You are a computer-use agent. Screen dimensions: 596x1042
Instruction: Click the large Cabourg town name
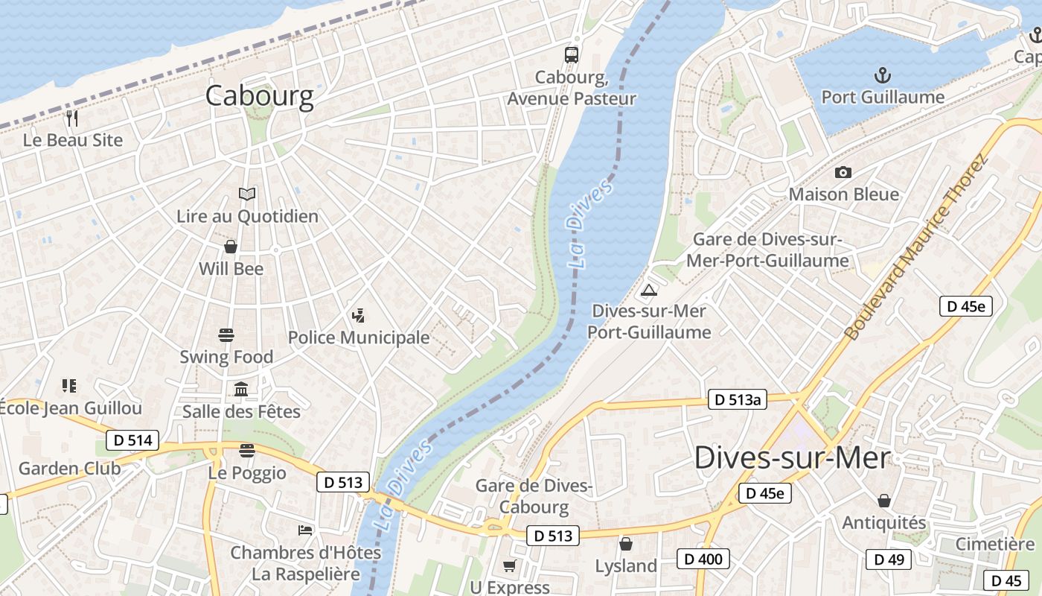[259, 96]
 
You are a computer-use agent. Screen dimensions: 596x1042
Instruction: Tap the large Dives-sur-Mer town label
[792, 457]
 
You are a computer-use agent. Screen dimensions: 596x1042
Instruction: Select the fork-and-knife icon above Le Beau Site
[72, 118]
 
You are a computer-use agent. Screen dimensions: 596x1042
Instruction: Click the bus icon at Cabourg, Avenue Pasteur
[571, 54]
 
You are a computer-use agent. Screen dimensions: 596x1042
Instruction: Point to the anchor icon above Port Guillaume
[882, 75]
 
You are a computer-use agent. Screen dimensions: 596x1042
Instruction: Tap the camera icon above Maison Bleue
[843, 172]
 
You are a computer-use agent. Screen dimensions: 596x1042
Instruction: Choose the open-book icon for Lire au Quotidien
[247, 194]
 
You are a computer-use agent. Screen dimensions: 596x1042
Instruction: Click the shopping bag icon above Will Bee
[231, 247]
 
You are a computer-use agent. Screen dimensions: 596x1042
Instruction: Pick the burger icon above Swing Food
[226, 335]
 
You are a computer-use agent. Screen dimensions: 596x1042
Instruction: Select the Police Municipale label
[359, 337]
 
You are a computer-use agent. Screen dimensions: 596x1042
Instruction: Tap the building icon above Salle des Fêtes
[241, 389]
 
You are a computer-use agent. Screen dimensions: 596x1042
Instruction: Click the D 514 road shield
[132, 440]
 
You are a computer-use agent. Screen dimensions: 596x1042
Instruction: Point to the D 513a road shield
[736, 399]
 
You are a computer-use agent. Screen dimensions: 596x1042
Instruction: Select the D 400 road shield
[703, 558]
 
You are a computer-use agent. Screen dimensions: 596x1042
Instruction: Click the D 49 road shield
[889, 559]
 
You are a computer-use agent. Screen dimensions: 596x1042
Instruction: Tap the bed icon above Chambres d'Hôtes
[305, 530]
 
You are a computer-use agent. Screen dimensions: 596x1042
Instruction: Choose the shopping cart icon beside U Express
[509, 566]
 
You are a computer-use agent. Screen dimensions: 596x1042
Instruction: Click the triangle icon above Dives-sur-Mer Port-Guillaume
[649, 290]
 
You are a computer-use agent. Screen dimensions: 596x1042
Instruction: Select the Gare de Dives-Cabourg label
[534, 497]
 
